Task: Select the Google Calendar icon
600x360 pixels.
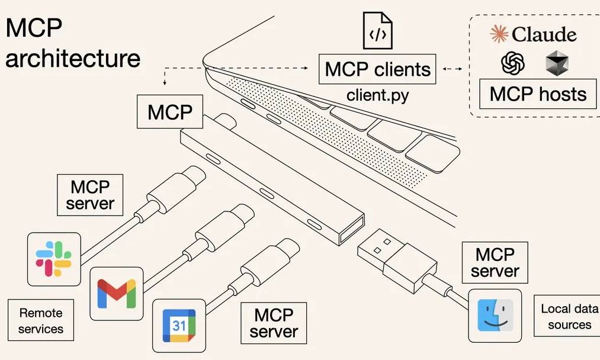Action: click(x=179, y=324)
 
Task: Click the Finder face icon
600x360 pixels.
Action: click(x=495, y=316)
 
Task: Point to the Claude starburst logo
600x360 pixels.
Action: click(x=499, y=34)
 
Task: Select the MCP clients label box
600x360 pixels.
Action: click(x=377, y=69)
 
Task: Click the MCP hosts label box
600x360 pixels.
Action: click(x=538, y=94)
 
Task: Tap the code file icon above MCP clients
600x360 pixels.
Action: click(x=377, y=33)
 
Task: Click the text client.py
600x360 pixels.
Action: click(x=377, y=95)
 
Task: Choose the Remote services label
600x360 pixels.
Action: click(x=40, y=320)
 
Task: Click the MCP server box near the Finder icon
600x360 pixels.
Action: click(x=495, y=262)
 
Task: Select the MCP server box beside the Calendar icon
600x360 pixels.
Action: click(x=274, y=322)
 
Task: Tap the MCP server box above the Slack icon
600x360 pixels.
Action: click(x=89, y=195)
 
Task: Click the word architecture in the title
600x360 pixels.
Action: click(x=73, y=58)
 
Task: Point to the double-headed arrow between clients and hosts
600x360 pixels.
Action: click(x=452, y=69)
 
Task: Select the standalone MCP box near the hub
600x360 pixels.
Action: click(x=170, y=112)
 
